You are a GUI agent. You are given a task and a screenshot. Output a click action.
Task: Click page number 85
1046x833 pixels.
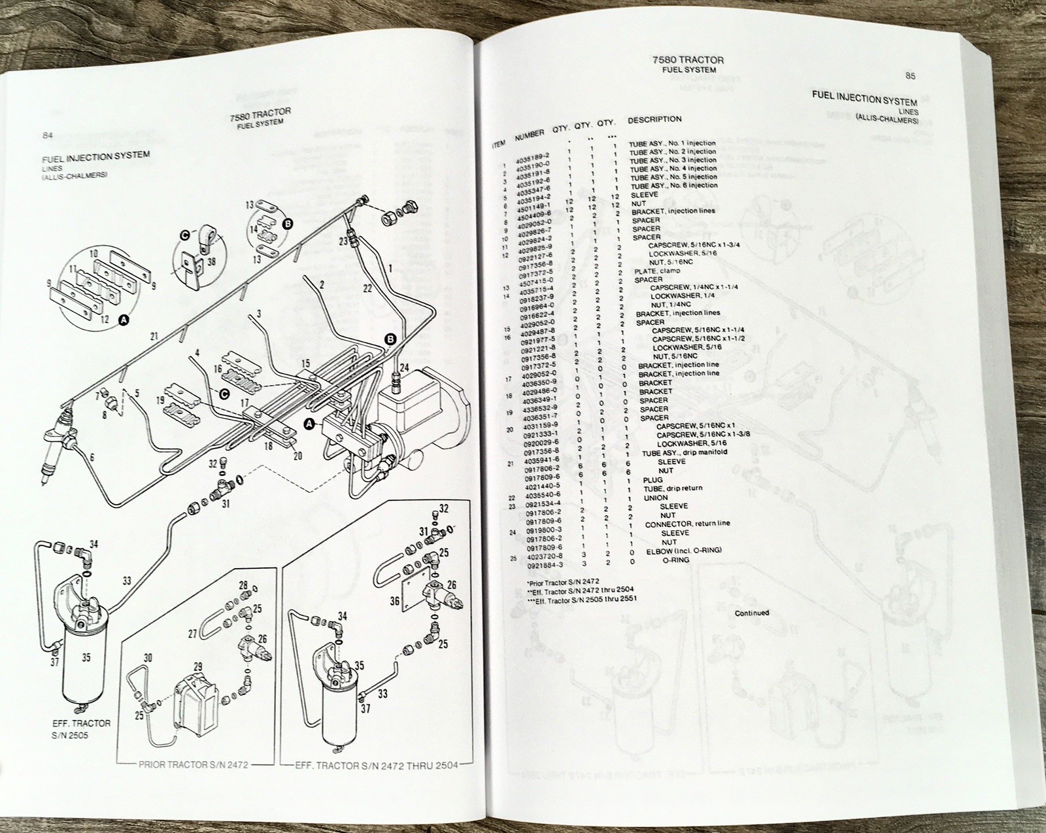click(910, 76)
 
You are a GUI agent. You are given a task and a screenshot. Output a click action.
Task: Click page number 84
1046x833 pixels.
click(47, 135)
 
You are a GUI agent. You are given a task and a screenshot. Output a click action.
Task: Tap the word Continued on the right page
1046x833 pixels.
click(752, 613)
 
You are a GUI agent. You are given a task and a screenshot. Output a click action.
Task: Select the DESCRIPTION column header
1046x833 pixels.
click(654, 120)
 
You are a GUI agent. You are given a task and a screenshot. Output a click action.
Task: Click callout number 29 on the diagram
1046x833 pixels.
click(197, 668)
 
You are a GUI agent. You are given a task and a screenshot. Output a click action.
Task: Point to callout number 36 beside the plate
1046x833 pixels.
click(394, 600)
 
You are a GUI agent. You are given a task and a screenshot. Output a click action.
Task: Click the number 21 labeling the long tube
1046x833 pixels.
click(154, 337)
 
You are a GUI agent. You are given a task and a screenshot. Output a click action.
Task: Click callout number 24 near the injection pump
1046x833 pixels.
click(404, 368)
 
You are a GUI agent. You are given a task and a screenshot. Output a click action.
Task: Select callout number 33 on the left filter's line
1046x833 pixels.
click(126, 580)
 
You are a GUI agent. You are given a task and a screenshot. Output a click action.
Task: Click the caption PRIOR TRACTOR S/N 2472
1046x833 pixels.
click(193, 764)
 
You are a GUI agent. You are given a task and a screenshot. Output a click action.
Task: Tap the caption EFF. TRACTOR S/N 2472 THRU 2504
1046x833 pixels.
click(376, 764)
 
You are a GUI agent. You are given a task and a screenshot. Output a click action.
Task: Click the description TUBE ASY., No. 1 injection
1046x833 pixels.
click(672, 143)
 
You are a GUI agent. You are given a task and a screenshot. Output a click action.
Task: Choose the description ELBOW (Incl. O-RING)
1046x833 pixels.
click(684, 551)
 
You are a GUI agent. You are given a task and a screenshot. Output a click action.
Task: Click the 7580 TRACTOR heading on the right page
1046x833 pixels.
click(688, 59)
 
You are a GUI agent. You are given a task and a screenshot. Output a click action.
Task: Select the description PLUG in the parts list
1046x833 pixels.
click(652, 479)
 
